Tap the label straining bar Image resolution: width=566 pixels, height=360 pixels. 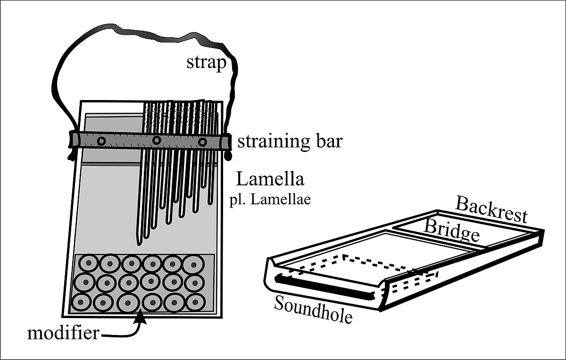289,142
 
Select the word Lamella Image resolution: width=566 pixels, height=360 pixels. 270,179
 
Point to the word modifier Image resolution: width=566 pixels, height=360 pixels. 63,334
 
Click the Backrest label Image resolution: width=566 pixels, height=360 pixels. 491,210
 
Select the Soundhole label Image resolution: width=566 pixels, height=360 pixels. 313,310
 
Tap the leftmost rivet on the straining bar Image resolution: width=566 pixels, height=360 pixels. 100,141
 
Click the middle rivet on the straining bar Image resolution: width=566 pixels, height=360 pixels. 157,140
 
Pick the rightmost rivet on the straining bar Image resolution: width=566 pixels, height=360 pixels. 202,142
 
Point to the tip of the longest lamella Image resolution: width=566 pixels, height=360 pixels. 139,243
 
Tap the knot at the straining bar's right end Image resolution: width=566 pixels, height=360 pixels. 228,154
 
